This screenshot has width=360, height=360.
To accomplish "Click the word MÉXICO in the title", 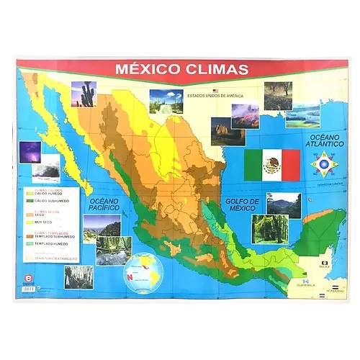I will click(x=148, y=70).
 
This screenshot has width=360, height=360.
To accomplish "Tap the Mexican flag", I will click(x=271, y=166).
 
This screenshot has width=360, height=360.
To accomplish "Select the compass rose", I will click(x=322, y=166).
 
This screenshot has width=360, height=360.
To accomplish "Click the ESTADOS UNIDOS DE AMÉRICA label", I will click(x=215, y=96).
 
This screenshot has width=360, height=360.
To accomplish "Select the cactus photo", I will click(x=84, y=94).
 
